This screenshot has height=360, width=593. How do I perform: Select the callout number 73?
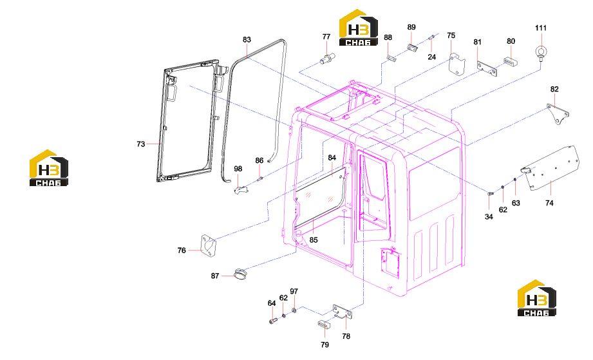(x=141, y=144)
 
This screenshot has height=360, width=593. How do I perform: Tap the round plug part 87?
(x=240, y=273)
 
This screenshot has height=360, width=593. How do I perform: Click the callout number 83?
(x=247, y=40)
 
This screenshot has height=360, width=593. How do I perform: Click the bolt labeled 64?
(x=272, y=321)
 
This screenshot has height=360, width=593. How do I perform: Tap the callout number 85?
(x=314, y=240)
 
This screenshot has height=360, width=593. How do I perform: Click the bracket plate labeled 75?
(x=457, y=63)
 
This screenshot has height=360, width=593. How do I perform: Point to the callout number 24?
(x=432, y=57)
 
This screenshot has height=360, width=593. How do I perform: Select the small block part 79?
(x=324, y=324)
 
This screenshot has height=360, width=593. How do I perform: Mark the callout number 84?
(x=332, y=158)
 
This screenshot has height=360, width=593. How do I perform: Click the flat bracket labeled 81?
(x=487, y=69)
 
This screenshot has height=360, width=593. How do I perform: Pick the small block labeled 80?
(x=511, y=61)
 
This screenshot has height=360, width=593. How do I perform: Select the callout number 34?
(x=489, y=217)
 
